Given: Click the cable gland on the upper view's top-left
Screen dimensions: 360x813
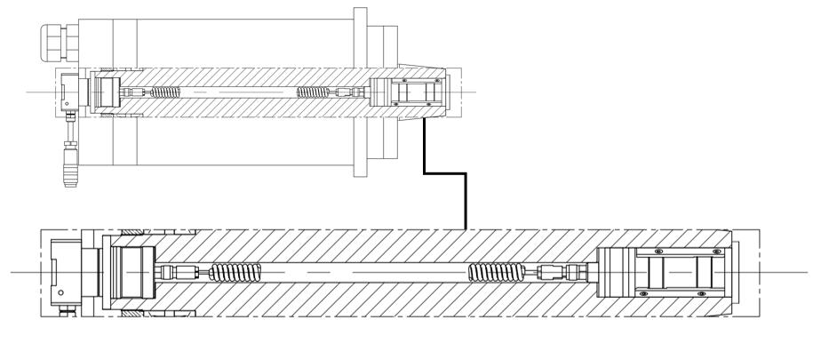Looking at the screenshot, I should coord(56,40).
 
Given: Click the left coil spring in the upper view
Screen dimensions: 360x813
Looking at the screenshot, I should coord(164,92).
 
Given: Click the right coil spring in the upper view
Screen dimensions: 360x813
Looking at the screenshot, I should coord(313,92).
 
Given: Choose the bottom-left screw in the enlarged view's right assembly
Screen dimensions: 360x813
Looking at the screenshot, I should coord(638,291).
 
